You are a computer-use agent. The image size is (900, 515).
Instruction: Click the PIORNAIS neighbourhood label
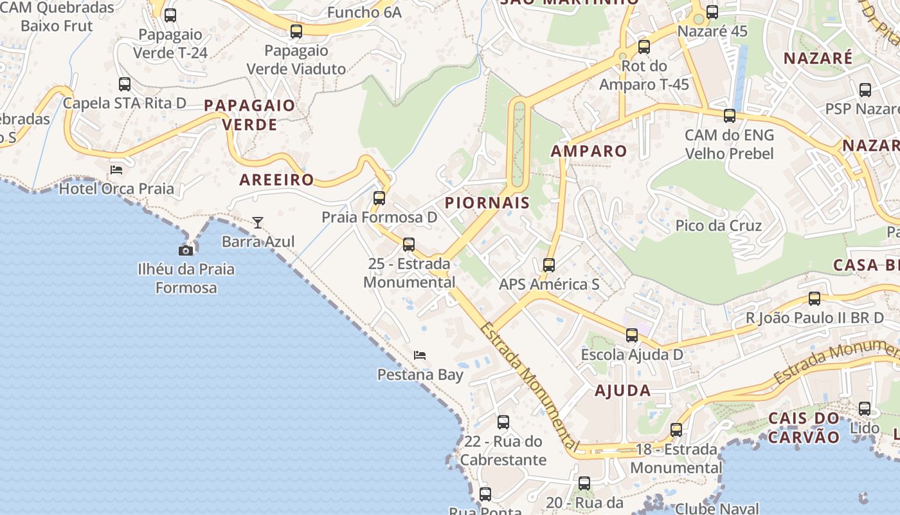487,203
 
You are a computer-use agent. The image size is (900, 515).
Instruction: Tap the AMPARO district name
589,151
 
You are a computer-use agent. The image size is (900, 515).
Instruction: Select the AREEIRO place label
276,180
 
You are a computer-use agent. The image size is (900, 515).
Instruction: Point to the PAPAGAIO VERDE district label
249,115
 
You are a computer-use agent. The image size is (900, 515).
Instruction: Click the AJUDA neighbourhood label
622,390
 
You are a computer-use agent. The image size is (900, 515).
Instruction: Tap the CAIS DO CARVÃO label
804,428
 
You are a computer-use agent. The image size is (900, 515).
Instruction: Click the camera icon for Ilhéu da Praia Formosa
186,250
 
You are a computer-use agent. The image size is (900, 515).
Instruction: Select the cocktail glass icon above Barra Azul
258,223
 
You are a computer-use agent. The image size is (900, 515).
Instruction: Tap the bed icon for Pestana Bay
420,355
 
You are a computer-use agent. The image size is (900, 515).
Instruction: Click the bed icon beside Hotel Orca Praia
116,169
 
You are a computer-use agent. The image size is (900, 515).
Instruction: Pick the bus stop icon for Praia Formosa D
379,198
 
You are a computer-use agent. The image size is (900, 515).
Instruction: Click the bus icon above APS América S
548,265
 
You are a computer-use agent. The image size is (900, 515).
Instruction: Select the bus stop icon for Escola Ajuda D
632,335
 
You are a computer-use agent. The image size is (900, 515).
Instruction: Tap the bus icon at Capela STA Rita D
125,84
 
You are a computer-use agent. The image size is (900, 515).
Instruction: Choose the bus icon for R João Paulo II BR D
815,298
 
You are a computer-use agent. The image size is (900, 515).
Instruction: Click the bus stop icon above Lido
865,408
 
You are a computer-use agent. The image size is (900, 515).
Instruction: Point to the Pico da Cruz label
718,226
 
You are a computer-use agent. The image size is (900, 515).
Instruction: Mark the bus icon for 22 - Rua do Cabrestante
503,422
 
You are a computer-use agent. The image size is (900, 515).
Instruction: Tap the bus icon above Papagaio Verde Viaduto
296,31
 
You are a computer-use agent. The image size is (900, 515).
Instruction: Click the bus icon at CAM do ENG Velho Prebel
730,116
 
